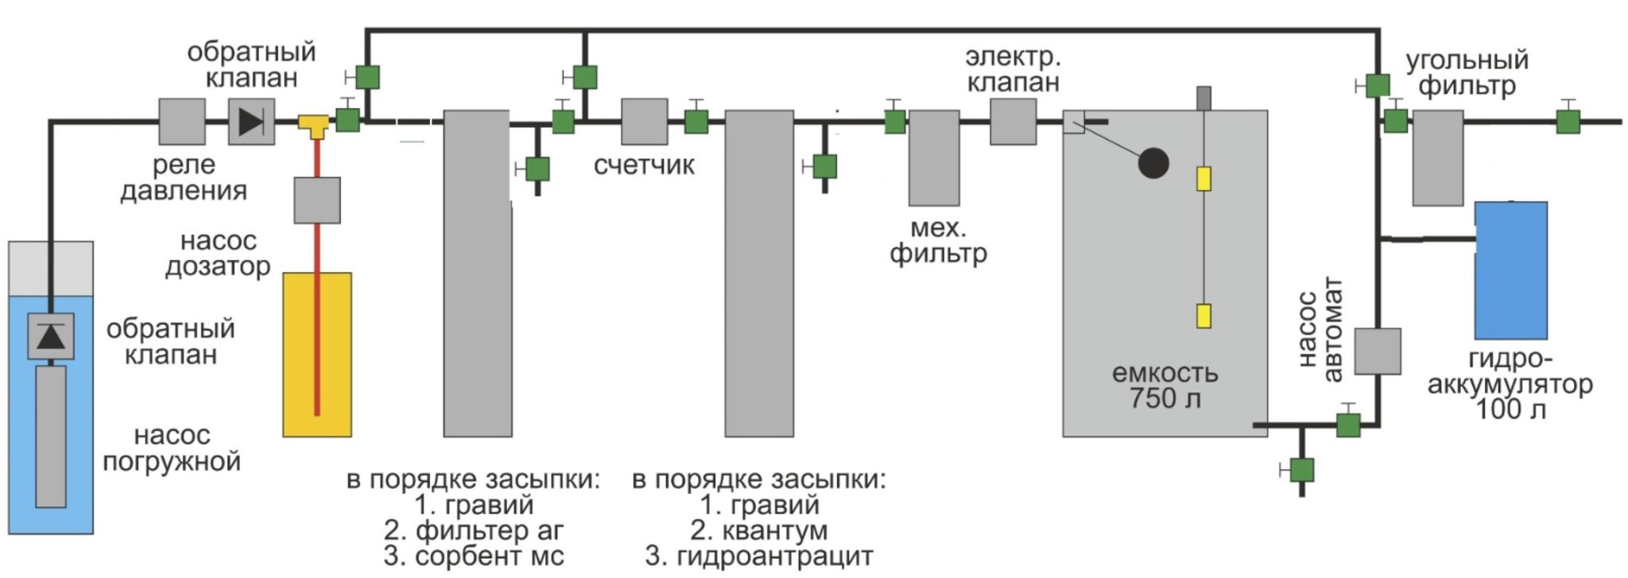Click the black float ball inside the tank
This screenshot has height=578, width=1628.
pyautogui.click(x=1153, y=164)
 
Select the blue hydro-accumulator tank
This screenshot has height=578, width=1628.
pyautogui.click(x=1510, y=270)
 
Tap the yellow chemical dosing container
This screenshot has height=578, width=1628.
pyautogui.click(x=317, y=355)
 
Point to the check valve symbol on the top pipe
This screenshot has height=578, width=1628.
pyautogui.click(x=251, y=122)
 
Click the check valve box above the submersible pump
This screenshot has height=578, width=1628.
pyautogui.click(x=52, y=336)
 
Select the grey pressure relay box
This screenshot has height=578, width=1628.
pyautogui.click(x=182, y=122)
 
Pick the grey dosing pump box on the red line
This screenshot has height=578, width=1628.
pyautogui.click(x=317, y=200)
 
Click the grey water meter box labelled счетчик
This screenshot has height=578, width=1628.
pyautogui.click(x=644, y=122)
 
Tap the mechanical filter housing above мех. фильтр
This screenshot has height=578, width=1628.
pyautogui.click(x=933, y=158)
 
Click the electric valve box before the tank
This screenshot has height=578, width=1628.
pyautogui.click(x=1013, y=122)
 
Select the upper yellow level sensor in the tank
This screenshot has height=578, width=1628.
pyautogui.click(x=1204, y=179)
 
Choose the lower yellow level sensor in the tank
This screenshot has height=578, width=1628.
pyautogui.click(x=1204, y=316)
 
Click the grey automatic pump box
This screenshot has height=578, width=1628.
pyautogui.click(x=1377, y=351)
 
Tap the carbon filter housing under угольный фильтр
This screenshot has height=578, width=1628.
pyautogui.click(x=1437, y=158)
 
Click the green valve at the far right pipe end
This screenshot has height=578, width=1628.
pyautogui.click(x=1568, y=122)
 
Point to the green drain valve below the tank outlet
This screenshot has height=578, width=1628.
pyautogui.click(x=1301, y=470)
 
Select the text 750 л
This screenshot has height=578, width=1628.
pyautogui.click(x=1165, y=398)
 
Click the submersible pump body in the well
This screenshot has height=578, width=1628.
pyautogui.click(x=52, y=436)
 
